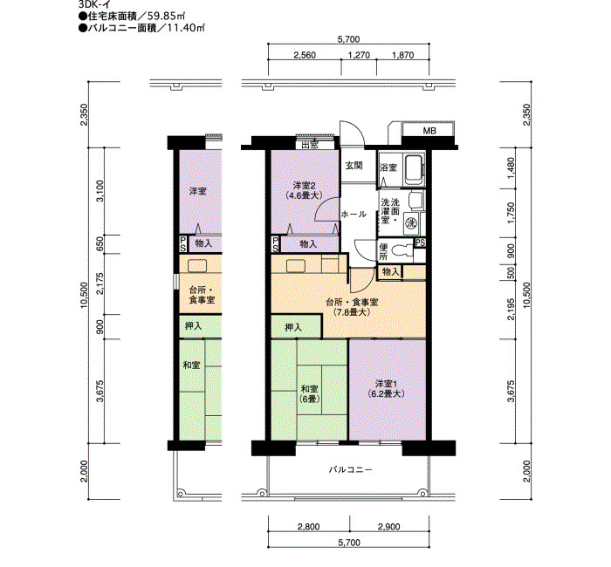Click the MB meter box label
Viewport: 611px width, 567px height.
[x=429, y=131]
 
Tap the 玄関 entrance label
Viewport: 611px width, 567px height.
[x=354, y=166]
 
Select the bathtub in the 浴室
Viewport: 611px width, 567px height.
[x=414, y=170]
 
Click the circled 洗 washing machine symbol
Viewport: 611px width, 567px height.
[x=411, y=223]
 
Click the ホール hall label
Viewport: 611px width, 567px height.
[x=354, y=215]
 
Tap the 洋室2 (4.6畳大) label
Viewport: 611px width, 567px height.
[x=305, y=189]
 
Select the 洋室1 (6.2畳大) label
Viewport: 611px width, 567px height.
[x=386, y=389]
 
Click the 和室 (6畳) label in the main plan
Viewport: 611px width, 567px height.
[x=309, y=393]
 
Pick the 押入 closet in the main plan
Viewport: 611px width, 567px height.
[x=297, y=327]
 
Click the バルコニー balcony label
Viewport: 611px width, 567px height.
[x=350, y=469]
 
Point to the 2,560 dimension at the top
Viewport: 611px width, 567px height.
[x=305, y=55]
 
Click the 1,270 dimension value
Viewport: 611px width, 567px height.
[x=359, y=55]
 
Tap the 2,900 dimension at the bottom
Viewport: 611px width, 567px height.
[x=389, y=527]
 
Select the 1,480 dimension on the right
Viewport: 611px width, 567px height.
[x=511, y=167]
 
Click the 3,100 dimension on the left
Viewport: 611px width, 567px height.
[x=100, y=191]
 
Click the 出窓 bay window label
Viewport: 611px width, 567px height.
[x=310, y=146]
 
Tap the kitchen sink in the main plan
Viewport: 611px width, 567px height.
[x=296, y=265]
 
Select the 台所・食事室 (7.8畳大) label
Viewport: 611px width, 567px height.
[x=352, y=307]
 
